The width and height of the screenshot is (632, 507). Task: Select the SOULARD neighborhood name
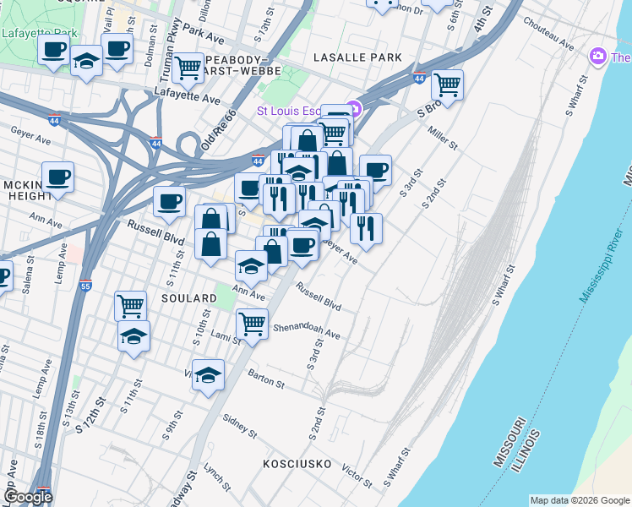coord(189,299)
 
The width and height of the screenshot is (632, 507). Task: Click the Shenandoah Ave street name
coord(306,330)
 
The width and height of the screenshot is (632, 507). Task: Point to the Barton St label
coord(266,378)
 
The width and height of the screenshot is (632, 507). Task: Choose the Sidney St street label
coord(240,426)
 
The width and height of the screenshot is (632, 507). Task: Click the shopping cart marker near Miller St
coord(447,84)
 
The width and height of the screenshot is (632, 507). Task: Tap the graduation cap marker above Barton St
coord(208,373)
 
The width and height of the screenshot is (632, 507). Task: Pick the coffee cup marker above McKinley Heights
coord(58,177)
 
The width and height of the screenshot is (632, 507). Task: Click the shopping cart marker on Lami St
coord(252,322)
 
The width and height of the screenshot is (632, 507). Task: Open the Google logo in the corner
coord(28,497)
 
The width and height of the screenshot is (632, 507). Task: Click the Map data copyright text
coord(580,500)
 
